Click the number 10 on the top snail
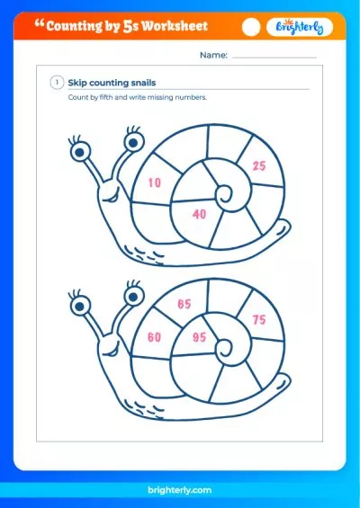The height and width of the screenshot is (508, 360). coord(155,183)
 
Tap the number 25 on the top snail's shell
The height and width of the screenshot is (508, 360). coord(259,165)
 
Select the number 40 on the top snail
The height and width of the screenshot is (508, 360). coord(199,214)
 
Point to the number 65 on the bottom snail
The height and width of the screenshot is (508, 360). coord(184,304)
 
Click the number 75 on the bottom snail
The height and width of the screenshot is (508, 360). coord(259,320)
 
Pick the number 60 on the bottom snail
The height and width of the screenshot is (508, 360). coord(155,337)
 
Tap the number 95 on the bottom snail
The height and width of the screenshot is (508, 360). coord(199,337)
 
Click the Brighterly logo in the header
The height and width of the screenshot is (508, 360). coord(300,27)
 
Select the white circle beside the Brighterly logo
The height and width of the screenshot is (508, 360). coord(251,27)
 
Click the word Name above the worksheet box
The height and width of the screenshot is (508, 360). coord(213,55)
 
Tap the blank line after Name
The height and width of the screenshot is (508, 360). coord(274,58)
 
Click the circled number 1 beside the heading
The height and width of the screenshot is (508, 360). coord(57,83)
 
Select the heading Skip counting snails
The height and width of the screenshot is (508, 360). coord(112,83)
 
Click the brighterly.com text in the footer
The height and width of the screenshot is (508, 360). coord(180,490)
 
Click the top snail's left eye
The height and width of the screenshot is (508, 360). coord(80,152)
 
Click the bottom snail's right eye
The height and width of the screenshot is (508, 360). coord(133,297)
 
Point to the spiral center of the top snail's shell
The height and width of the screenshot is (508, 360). coord(224,193)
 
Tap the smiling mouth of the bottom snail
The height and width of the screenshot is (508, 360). coord(112,352)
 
